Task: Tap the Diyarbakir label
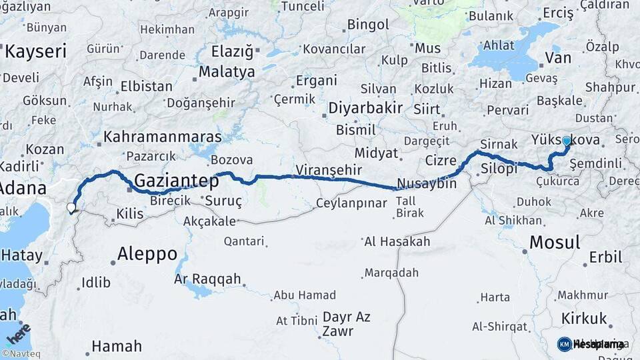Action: pos(365,109)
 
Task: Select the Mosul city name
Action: pos(555,242)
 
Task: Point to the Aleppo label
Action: pos(147,253)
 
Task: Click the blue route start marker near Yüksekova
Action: pos(567,141)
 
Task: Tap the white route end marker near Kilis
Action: pos(71,208)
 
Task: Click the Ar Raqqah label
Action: pos(207,279)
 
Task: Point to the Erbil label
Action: pos(605,257)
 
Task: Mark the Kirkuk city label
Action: pos(584,318)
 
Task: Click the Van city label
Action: pos(557,58)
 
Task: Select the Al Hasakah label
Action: pos(397,242)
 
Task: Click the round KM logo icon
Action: pos(565,344)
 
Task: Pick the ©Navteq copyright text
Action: pos(22,354)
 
